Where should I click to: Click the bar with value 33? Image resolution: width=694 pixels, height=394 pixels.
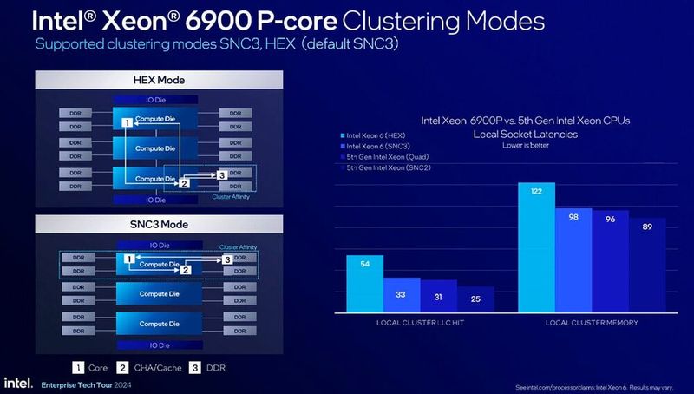[402, 294]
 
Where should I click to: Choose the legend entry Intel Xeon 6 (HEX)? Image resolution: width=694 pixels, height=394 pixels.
[374, 135]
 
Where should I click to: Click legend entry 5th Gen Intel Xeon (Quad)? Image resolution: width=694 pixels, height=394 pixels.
[386, 157]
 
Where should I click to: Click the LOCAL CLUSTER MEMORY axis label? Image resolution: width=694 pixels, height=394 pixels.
[592, 323]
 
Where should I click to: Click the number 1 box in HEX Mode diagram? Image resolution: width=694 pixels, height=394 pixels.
[127, 124]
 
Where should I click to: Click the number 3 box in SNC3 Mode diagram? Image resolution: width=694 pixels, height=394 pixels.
[226, 259]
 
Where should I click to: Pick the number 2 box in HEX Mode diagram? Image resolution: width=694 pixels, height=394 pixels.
[183, 183]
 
